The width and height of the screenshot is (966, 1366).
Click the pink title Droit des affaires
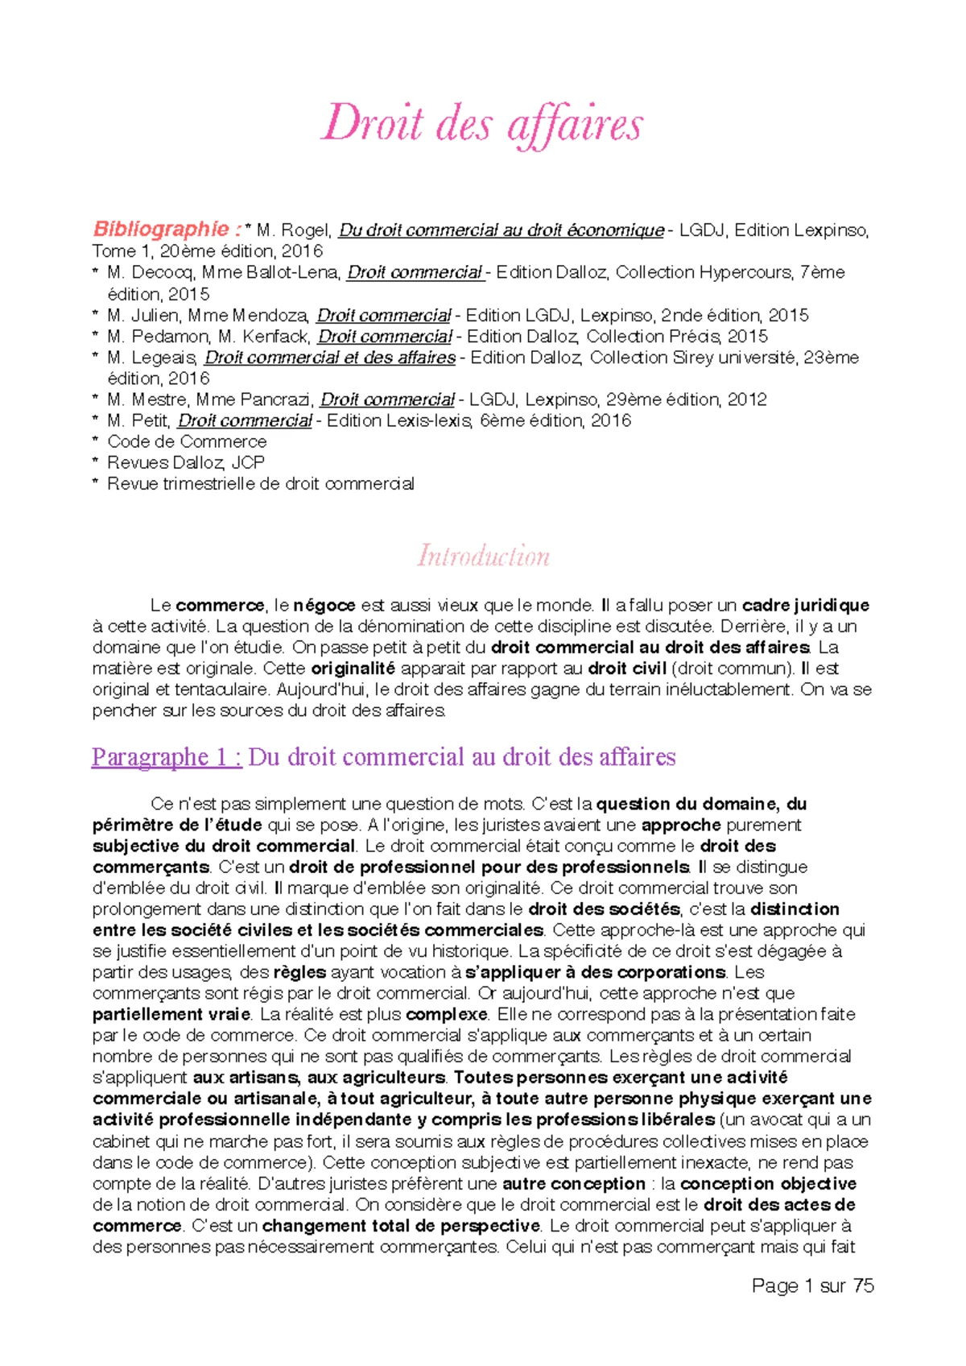point(482,126)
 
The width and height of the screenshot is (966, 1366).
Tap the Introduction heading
point(483,556)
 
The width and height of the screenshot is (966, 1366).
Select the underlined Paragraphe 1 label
point(167,757)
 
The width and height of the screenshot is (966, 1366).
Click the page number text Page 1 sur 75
point(812,1285)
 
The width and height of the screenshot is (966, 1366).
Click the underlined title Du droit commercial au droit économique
point(501,230)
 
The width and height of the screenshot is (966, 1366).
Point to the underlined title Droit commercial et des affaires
point(330,358)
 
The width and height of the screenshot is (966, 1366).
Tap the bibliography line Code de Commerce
point(187,441)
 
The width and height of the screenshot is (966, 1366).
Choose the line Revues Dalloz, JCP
point(186,462)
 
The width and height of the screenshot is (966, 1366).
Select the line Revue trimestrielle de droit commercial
point(261,484)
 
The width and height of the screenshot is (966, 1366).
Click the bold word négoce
point(324,606)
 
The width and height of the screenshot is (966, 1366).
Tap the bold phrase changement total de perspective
point(401,1226)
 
